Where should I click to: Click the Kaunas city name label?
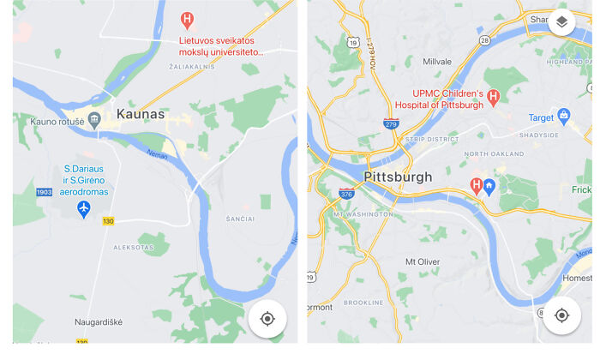pyautogui.click(x=141, y=114)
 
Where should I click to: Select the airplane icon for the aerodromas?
pyautogui.click(x=84, y=209)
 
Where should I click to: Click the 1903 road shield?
pyautogui.click(x=45, y=192)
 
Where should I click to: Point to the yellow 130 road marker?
pyautogui.click(x=108, y=221)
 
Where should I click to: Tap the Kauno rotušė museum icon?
pyautogui.click(x=95, y=119)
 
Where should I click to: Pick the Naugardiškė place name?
pyautogui.click(x=98, y=321)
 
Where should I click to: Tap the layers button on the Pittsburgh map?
pyautogui.click(x=561, y=22)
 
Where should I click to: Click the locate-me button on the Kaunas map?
pyautogui.click(x=267, y=319)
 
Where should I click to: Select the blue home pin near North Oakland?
pyautogui.click(x=489, y=186)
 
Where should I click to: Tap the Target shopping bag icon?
pyautogui.click(x=564, y=116)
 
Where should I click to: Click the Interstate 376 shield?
pyautogui.click(x=347, y=194)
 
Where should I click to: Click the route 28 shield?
pyautogui.click(x=484, y=40)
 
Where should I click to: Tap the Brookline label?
pyautogui.click(x=363, y=303)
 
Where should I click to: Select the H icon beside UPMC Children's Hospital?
pyautogui.click(x=494, y=99)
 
